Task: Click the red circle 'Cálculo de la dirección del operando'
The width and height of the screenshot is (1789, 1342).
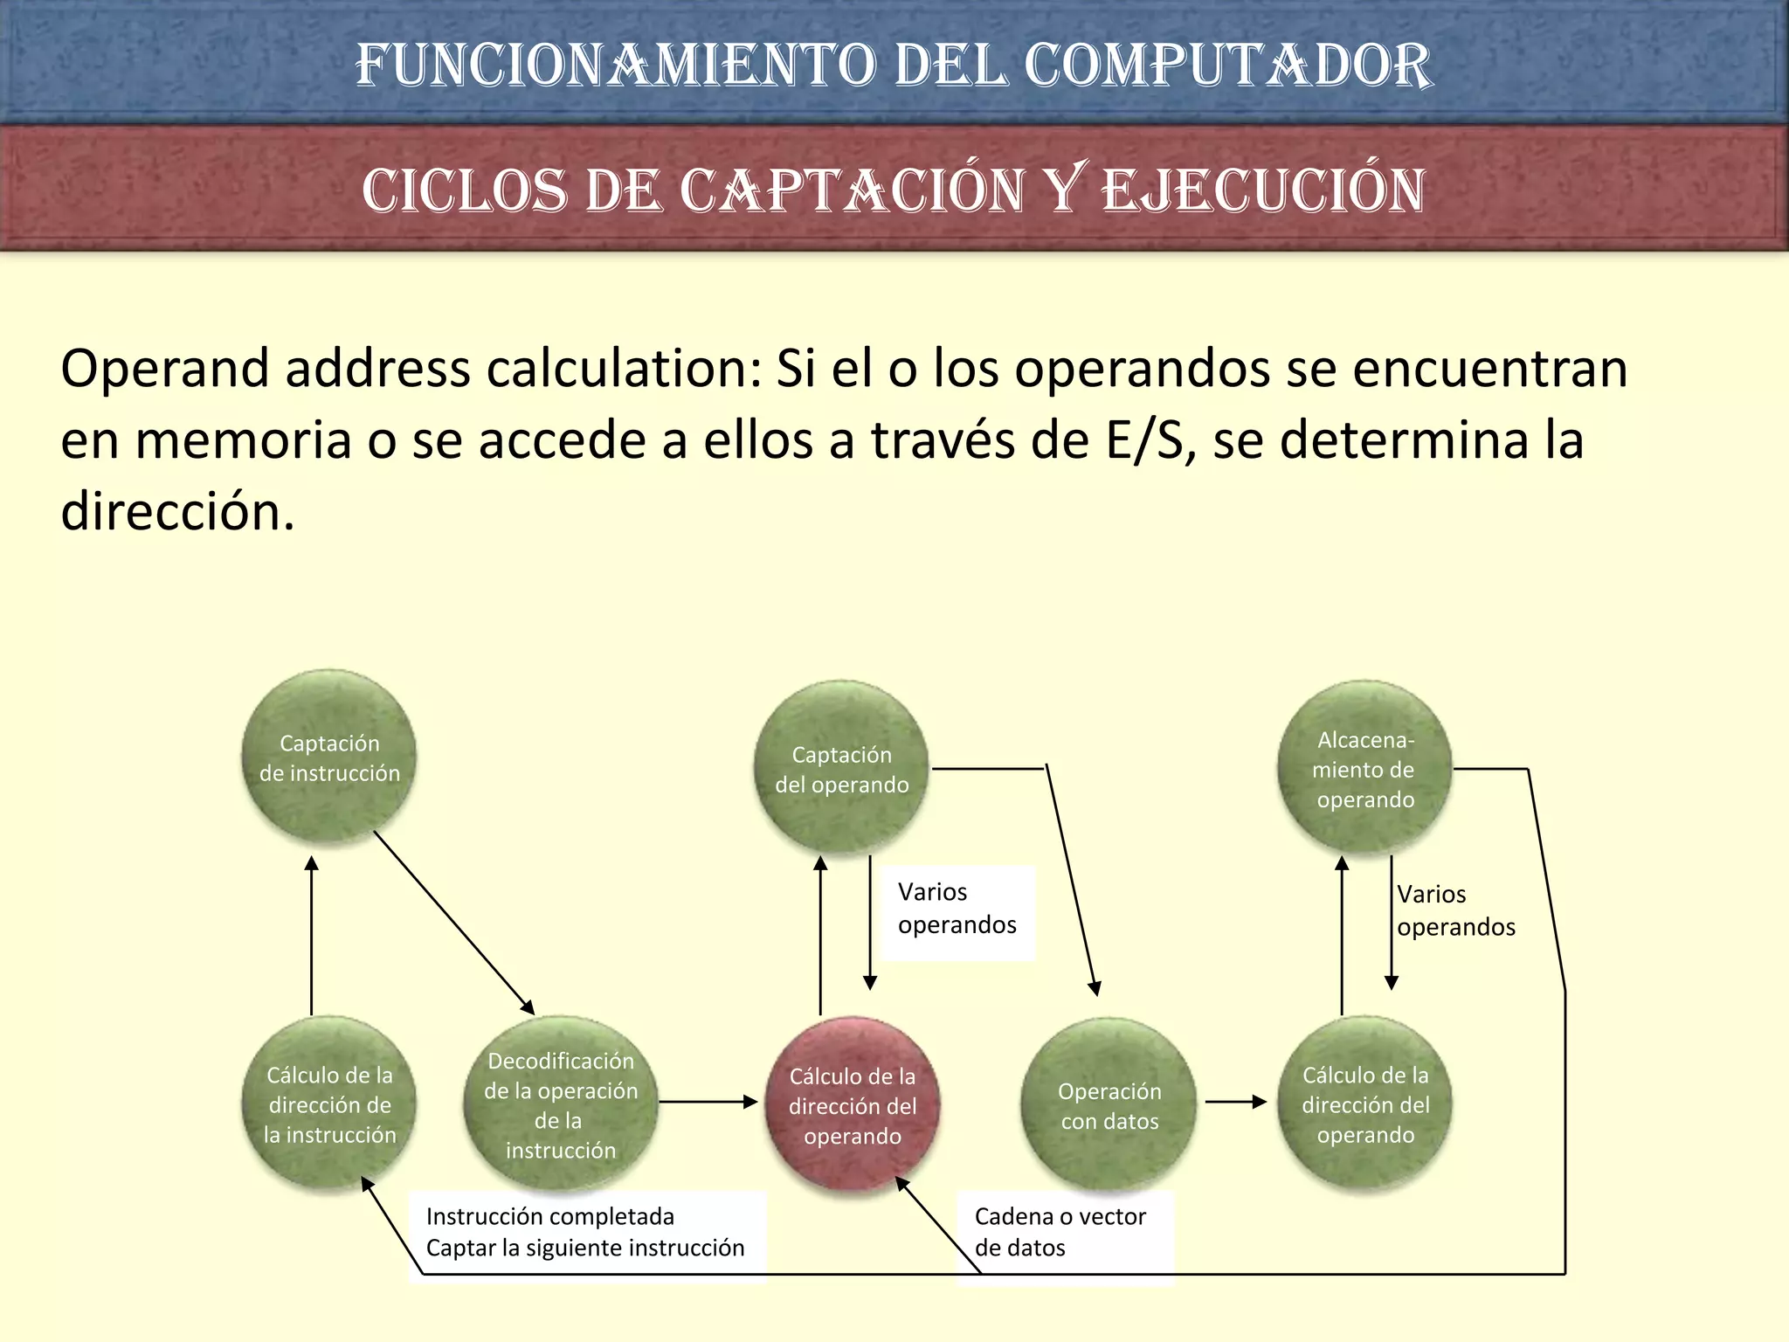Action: click(852, 1105)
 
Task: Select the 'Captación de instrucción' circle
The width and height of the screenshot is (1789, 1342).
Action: click(328, 757)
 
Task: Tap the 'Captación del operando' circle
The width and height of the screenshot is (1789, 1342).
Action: click(841, 769)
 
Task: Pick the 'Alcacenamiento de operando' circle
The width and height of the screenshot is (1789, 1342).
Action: click(1364, 769)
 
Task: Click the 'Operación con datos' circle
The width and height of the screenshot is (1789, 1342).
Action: click(1109, 1105)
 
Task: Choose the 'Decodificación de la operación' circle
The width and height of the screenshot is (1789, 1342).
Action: click(560, 1105)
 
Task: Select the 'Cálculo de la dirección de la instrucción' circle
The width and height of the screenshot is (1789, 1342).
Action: click(328, 1104)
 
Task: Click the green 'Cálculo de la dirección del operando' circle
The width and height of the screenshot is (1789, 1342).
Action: click(1364, 1104)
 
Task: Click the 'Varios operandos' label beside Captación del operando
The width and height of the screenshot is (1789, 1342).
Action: click(957, 909)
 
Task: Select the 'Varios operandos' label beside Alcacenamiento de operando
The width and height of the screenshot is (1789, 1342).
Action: click(1455, 910)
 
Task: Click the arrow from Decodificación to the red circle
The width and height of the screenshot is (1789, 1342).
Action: click(708, 1102)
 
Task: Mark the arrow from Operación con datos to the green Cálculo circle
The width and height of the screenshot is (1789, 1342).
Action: click(1235, 1102)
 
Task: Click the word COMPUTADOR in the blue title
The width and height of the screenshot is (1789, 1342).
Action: click(1227, 66)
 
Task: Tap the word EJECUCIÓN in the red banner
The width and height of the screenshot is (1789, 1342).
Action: click(1263, 190)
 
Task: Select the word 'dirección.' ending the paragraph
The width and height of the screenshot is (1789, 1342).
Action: click(177, 511)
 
